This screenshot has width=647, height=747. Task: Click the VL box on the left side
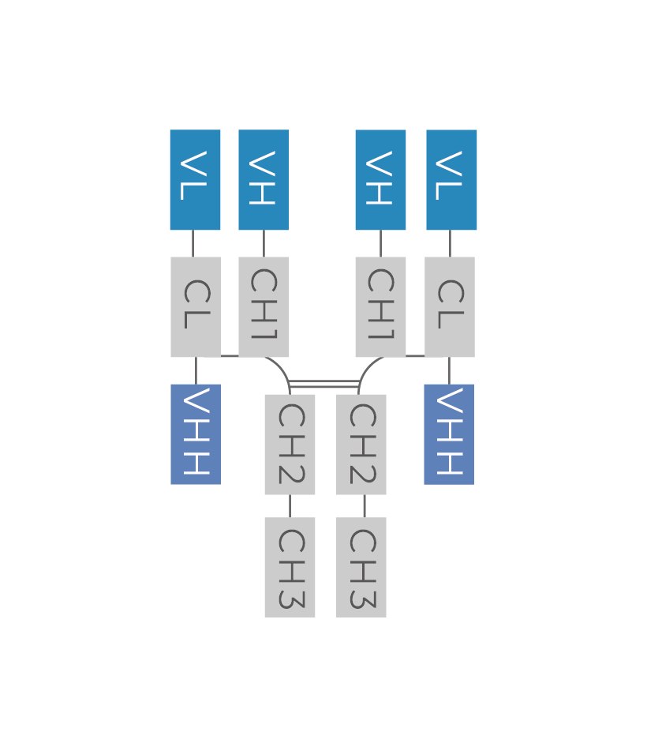tap(195, 180)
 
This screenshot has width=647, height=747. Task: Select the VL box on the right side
tap(451, 180)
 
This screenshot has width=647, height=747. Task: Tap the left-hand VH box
tap(264, 180)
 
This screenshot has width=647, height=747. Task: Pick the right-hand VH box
tap(380, 180)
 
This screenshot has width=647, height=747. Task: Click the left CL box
tap(196, 306)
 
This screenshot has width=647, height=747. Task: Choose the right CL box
tap(450, 306)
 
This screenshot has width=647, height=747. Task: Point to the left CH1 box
tap(264, 306)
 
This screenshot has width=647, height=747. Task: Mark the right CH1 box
tap(380, 306)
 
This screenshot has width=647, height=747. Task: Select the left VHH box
tap(196, 434)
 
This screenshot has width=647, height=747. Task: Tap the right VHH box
tap(449, 434)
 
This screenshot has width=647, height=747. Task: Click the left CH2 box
tap(290, 444)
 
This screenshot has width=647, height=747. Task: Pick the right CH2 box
tap(361, 444)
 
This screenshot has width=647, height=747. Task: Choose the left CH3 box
tap(290, 567)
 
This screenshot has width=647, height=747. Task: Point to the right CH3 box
tap(361, 567)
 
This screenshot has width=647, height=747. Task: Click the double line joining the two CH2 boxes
tap(325, 384)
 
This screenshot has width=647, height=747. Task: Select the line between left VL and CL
tap(193, 243)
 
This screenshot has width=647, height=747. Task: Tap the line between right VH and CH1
tap(380, 243)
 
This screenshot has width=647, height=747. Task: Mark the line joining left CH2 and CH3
tap(290, 506)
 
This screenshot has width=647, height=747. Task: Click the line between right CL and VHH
tap(450, 370)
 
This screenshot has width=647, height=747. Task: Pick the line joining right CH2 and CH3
tap(364, 506)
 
